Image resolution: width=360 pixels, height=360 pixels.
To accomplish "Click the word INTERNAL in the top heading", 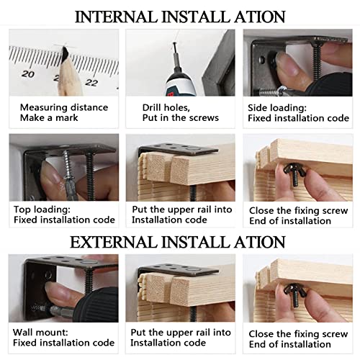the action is click(x=116, y=17).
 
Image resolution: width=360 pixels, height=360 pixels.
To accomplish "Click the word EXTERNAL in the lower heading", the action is click(x=113, y=242).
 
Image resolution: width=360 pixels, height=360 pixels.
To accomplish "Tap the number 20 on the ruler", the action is click(x=28, y=74).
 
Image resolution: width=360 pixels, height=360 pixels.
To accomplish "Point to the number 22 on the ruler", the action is click(x=91, y=83).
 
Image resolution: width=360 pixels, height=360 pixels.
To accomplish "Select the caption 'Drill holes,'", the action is click(x=166, y=108).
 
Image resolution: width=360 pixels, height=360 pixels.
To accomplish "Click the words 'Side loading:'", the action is click(x=277, y=108).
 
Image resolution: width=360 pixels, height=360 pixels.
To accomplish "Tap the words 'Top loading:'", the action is click(x=42, y=210).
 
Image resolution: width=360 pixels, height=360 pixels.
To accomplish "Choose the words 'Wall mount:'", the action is click(x=40, y=333).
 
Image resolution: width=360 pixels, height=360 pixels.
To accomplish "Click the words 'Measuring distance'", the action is click(x=64, y=107).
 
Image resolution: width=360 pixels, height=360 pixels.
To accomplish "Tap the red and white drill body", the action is click(x=181, y=85).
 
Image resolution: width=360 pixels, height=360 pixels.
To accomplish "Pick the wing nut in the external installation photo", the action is click(x=295, y=294).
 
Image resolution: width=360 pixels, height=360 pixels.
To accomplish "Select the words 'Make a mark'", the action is click(x=49, y=118).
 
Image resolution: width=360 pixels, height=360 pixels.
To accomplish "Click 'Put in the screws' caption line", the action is click(x=181, y=118).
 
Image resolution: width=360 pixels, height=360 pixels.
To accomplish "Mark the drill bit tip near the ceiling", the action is click(x=174, y=44).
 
